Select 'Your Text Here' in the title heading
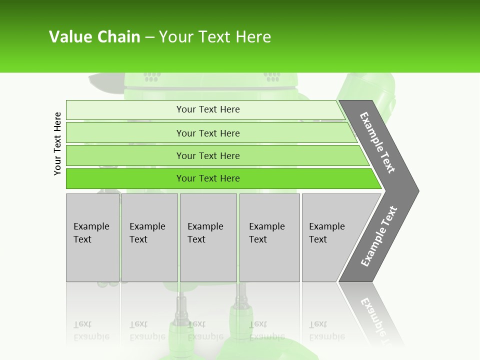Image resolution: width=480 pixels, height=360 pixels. tap(215, 37)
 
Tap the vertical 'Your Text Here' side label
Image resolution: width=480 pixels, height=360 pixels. tap(57, 143)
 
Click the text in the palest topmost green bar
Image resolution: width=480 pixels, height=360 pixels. tap(208, 109)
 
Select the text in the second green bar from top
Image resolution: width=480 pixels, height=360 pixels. tap(208, 133)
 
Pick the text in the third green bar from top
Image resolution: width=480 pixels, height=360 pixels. tap(208, 155)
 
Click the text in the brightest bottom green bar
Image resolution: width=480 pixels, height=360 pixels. tap(208, 178)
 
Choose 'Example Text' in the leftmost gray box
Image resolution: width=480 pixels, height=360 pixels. tap(91, 233)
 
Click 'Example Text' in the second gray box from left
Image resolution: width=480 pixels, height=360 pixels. tap(147, 233)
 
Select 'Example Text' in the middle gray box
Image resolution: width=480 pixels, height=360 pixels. tap(205, 233)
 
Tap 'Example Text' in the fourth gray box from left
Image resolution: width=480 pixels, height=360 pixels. tap(266, 233)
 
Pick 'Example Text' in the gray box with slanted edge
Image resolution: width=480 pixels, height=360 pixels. tap(326, 233)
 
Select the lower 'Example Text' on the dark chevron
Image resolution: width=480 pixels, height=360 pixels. tap(379, 236)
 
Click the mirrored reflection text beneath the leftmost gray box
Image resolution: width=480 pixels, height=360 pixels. tap(91, 330)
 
